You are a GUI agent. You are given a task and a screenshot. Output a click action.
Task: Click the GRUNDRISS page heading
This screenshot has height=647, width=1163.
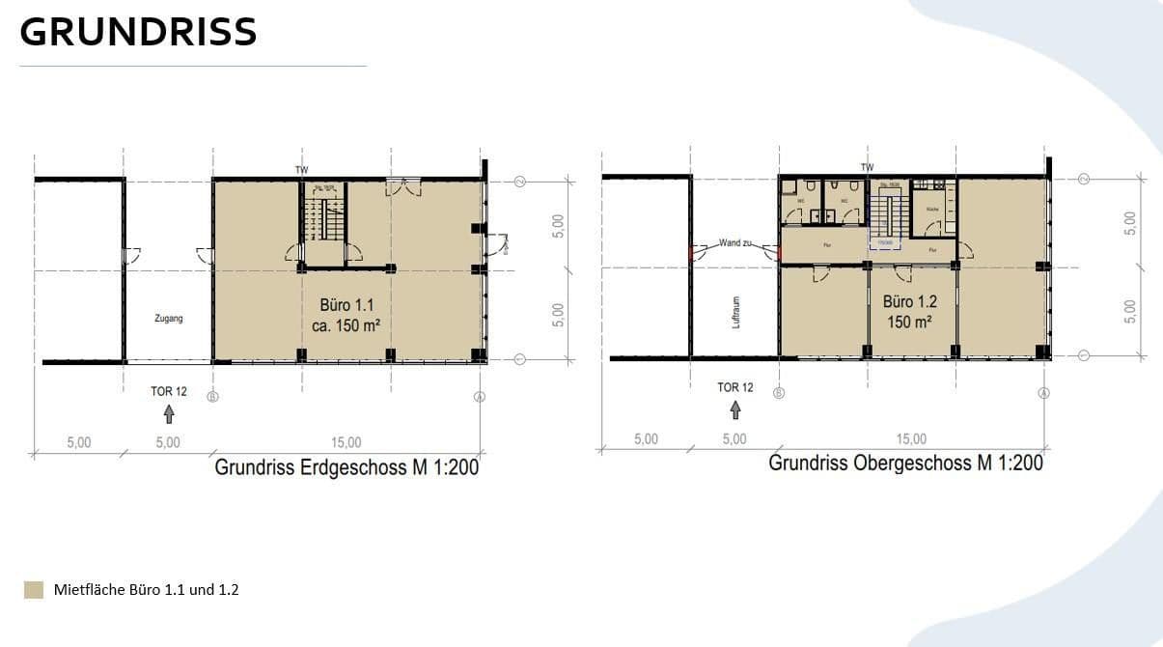[x=138, y=33]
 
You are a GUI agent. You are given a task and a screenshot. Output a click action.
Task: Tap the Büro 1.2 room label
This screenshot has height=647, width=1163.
[x=909, y=311]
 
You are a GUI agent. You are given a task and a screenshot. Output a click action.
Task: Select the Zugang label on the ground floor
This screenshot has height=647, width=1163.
[x=168, y=318]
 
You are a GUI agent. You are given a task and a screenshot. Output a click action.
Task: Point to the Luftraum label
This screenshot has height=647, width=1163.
[x=735, y=312]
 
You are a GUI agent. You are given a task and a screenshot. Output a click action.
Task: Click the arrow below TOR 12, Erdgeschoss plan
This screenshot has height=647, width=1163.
[x=169, y=414]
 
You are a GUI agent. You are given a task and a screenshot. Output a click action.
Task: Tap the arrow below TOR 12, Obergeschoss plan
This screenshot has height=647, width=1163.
[x=735, y=410]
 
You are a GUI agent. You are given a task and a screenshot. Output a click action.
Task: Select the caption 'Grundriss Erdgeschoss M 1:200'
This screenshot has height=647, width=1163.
[x=346, y=468]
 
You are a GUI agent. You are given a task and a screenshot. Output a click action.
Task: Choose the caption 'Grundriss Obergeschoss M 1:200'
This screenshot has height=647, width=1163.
[x=905, y=463]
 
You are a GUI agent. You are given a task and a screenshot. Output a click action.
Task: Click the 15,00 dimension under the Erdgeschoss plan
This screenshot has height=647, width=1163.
[x=346, y=442]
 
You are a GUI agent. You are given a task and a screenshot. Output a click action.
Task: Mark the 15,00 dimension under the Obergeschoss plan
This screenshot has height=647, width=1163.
[x=910, y=438]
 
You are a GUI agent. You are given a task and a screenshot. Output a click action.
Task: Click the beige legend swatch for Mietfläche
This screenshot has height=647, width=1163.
[x=34, y=589]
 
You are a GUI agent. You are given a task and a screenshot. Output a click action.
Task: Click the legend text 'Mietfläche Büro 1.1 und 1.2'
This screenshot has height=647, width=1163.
[x=146, y=589]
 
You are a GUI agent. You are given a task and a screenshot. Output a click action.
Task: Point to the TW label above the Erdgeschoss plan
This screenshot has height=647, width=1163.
[x=302, y=170]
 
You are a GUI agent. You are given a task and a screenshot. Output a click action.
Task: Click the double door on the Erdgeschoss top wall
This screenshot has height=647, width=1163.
[x=403, y=186]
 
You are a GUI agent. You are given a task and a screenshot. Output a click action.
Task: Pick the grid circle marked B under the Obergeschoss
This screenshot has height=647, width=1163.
[x=779, y=393]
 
